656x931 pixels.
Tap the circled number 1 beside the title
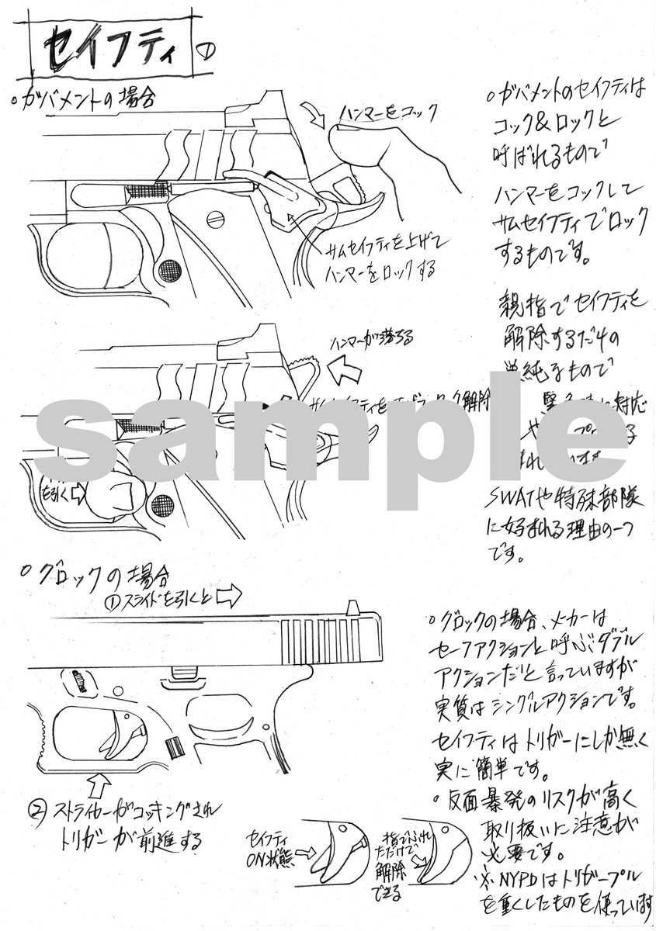[207, 54]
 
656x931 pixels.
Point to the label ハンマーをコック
[388, 113]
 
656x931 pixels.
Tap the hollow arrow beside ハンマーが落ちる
[347, 372]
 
